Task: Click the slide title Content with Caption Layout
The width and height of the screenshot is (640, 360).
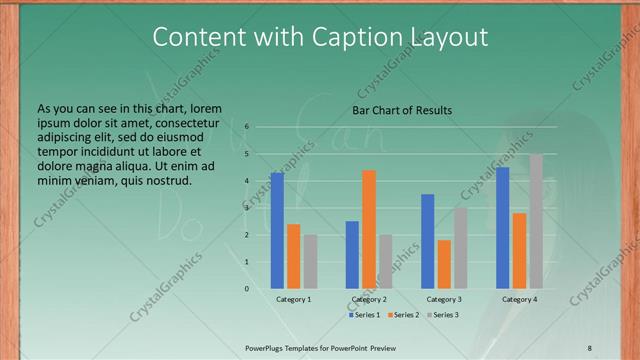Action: [320, 37]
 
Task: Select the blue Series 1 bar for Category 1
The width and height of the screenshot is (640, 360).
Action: [277, 230]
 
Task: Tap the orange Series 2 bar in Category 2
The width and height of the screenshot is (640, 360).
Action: [369, 229]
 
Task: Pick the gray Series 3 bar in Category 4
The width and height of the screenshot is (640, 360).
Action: [536, 221]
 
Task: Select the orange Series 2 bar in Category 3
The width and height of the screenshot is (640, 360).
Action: [444, 264]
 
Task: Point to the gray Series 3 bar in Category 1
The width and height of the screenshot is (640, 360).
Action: [311, 261]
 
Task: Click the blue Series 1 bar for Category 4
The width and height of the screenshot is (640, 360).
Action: [502, 227]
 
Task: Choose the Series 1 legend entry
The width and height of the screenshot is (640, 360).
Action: [364, 315]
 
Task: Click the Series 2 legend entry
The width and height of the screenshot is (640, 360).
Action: [403, 315]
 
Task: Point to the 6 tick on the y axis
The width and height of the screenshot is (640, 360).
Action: [246, 127]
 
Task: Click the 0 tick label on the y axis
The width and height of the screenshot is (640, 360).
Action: [246, 289]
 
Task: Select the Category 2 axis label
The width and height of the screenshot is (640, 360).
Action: [369, 299]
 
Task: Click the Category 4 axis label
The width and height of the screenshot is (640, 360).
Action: [519, 299]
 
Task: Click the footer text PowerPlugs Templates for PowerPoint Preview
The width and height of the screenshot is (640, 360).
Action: [320, 347]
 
